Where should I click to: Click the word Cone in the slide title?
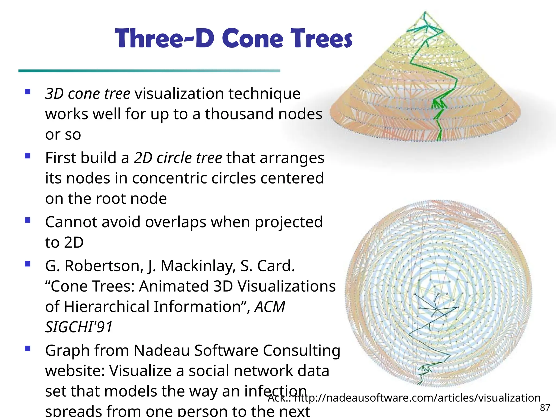pyautogui.click(x=253, y=39)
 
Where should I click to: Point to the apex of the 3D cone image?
pyautogui.click(x=425, y=12)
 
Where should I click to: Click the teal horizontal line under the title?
pyautogui.click(x=149, y=71)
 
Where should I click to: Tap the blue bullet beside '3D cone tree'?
pyautogui.click(x=27, y=91)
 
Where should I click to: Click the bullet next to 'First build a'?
pyautogui.click(x=27, y=156)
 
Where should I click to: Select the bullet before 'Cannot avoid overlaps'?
pyautogui.click(x=27, y=220)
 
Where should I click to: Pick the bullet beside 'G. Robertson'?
pyautogui.click(x=27, y=264)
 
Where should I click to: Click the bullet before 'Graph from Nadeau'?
pyautogui.click(x=27, y=348)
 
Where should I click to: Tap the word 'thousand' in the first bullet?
pyautogui.click(x=239, y=114)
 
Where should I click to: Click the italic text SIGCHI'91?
pyautogui.click(x=79, y=327)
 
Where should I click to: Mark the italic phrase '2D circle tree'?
pyautogui.click(x=178, y=158)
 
